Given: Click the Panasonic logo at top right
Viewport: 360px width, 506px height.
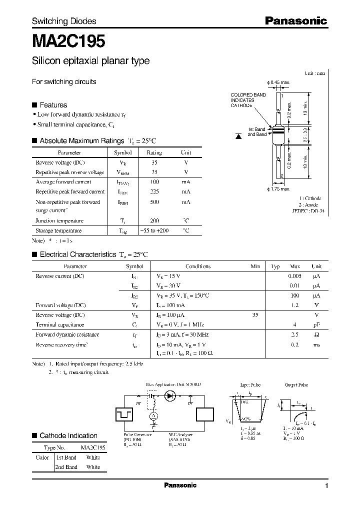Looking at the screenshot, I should [295, 21].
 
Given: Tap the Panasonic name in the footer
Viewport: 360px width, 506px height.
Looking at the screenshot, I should [180, 485].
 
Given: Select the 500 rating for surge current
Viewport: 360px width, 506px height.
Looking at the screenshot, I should [154, 202].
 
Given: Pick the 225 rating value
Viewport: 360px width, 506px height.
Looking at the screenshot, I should [154, 191].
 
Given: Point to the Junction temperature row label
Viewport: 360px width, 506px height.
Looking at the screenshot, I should [59, 220].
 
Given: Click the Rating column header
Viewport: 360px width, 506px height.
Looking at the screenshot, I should [154, 152].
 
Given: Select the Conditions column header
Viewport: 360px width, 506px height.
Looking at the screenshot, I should [198, 266].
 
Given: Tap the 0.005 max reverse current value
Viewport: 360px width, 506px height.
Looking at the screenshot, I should [294, 276].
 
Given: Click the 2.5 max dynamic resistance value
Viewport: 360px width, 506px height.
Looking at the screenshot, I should [294, 334].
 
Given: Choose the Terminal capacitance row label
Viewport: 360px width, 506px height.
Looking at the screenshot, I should [60, 324].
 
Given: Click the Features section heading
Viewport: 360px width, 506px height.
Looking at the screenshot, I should [53, 105].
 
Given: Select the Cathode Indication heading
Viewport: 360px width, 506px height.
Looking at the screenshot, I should [68, 435].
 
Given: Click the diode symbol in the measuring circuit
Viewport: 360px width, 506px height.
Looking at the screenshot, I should [170, 395].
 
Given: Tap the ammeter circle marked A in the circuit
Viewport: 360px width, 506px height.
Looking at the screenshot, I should [154, 416].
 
